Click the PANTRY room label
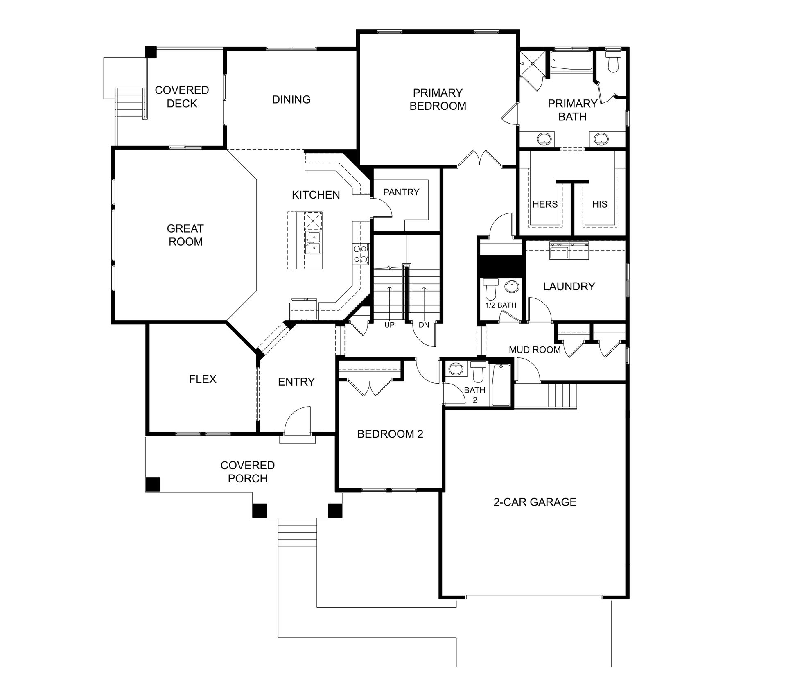401,192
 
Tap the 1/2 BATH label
501,305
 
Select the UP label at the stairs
389,325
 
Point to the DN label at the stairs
424,325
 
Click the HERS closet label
545,204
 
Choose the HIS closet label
600,204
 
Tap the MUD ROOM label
535,350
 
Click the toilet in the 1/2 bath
490,289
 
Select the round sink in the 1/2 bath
512,286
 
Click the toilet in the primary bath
613,61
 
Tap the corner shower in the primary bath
533,63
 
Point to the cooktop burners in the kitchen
360,253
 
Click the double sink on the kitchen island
313,242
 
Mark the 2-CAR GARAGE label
535,502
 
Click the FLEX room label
203,379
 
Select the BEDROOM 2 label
390,434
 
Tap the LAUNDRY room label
569,287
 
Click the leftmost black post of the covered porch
153,484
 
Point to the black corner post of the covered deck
151,52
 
